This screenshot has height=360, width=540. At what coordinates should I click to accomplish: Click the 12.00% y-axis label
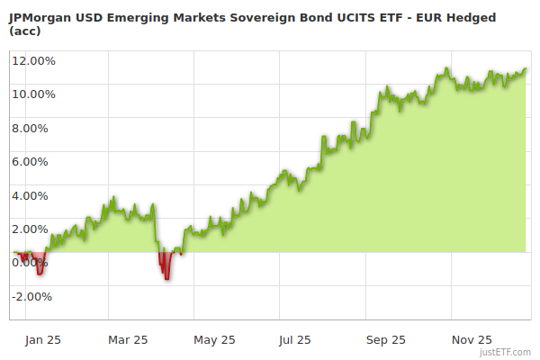[x=33, y=61]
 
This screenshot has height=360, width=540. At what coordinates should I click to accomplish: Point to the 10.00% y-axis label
[x=33, y=94]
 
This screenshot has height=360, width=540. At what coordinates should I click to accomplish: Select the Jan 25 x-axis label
[x=42, y=340]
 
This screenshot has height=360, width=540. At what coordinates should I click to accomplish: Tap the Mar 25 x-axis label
[x=128, y=340]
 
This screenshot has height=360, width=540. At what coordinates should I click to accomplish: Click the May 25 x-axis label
[x=214, y=340]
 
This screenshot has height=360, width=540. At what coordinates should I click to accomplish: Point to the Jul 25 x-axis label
[x=295, y=340]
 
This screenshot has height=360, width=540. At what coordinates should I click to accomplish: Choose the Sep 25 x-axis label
[x=386, y=340]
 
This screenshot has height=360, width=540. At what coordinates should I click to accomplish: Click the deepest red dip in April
[x=166, y=278]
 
